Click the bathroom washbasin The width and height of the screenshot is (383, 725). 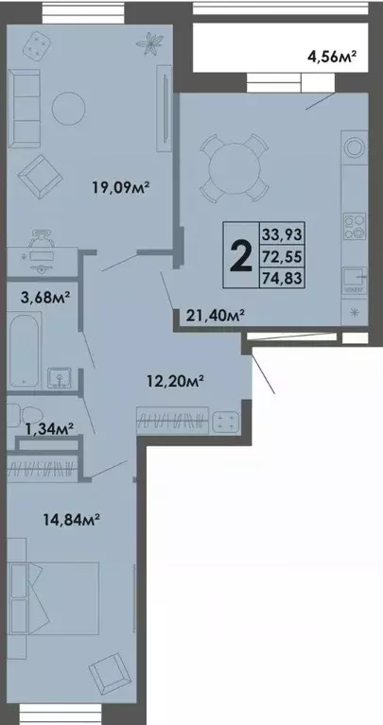point(61,378)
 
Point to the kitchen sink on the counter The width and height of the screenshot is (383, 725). point(354,279)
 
